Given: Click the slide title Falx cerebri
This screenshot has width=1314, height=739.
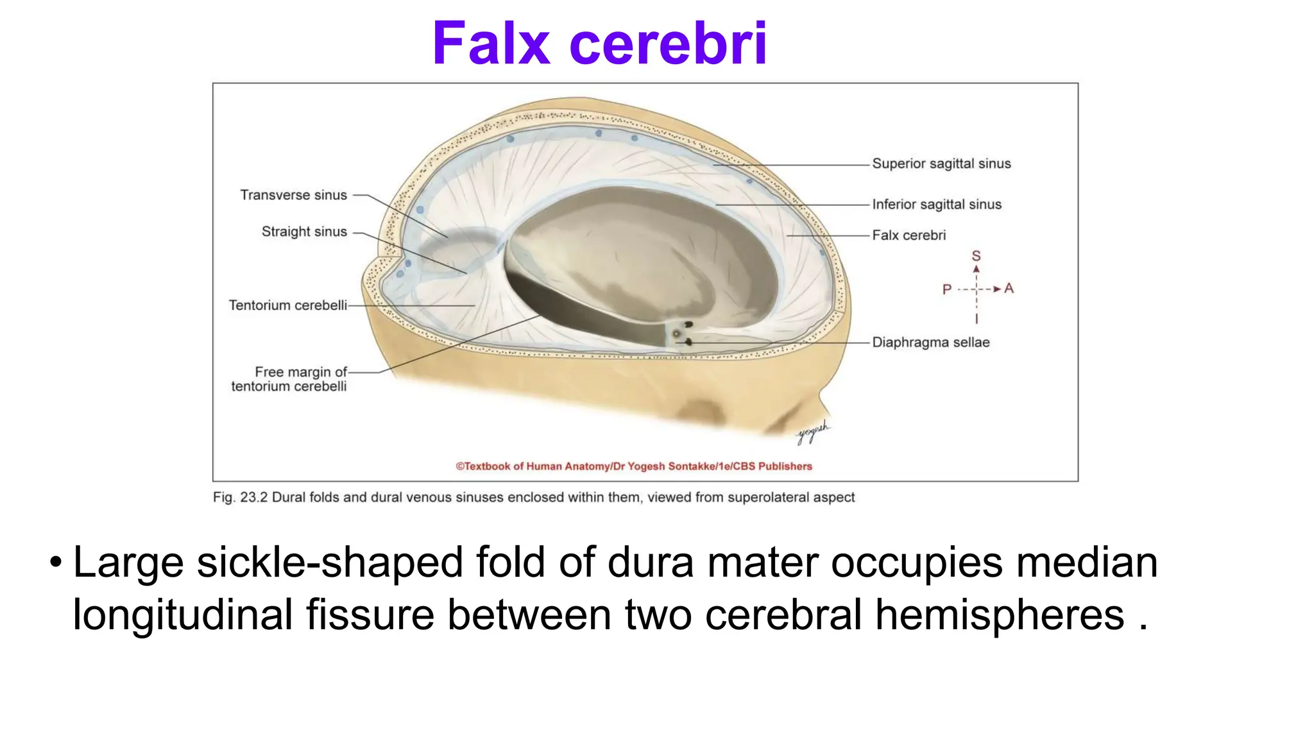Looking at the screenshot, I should tap(599, 44).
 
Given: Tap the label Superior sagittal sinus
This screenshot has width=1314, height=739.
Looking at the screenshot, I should tap(941, 164).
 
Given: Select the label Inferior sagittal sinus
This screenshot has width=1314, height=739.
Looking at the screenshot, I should tap(936, 204).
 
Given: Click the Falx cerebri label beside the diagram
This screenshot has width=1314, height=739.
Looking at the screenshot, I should tap(909, 235).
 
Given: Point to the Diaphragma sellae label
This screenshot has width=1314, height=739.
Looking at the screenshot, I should tap(930, 343).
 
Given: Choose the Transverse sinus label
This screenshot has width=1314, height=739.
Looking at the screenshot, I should tap(293, 195).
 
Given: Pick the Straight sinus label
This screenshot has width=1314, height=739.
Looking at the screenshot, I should tap(303, 232).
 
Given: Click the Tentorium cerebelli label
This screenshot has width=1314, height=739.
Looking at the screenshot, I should tap(287, 305).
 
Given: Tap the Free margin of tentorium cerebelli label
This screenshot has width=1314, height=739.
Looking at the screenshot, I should tap(289, 379).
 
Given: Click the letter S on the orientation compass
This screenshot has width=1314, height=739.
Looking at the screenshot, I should tap(976, 256).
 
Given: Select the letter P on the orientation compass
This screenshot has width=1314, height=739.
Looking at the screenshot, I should tap(946, 289).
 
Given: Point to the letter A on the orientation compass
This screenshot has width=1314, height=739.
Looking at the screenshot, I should tap(1009, 289).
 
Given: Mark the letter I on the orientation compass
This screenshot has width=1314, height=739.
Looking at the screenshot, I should tap(977, 319).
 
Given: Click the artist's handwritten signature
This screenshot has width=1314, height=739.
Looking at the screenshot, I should tap(812, 432).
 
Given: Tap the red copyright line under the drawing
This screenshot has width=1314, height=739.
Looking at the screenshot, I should tap(634, 466).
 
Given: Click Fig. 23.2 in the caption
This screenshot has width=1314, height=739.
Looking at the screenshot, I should tap(240, 497).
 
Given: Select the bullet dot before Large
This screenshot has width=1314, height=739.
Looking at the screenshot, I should tap(56, 563).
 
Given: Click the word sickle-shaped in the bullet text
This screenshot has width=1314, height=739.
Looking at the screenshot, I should tap(329, 563).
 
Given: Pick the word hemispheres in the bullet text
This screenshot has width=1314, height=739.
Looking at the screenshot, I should tap(1000, 615).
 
